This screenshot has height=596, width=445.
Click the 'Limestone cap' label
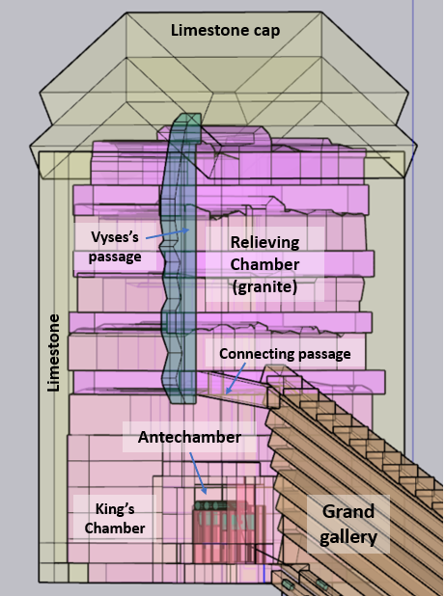tap(225, 31)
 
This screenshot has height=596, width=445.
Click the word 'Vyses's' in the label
tap(115, 237)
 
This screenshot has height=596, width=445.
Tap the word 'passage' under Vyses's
tap(115, 257)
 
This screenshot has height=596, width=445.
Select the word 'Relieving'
tap(264, 243)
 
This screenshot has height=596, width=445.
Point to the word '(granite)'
tap(264, 286)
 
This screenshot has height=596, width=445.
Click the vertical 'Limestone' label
tap(54, 353)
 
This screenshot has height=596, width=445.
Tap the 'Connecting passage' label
tap(285, 354)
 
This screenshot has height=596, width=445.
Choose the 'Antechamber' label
tap(189, 437)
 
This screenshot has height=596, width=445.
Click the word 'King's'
tap(115, 508)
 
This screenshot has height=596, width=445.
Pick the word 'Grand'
tap(348, 512)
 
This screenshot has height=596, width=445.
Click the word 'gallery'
tap(348, 537)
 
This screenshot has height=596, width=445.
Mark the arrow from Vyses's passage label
tap(167, 233)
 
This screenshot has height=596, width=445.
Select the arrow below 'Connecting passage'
tap(236, 378)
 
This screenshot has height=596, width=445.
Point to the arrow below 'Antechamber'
tap(198, 474)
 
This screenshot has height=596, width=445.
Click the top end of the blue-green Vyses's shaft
tap(186, 115)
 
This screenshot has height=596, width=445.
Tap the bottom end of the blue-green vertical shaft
tap(184, 401)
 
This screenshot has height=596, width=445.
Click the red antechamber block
tap(229, 532)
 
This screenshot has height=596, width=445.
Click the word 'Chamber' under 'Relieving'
tap(264, 264)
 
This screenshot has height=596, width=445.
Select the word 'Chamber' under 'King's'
tap(115, 528)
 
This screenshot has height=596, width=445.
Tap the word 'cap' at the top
tap(267, 32)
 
